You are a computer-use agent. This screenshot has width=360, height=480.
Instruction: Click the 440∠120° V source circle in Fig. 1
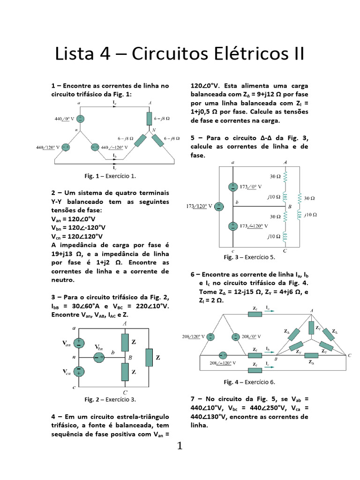pyautogui.click(x=66, y=147)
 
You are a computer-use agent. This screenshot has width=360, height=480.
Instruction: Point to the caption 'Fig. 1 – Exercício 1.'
pyautogui.click(x=110, y=176)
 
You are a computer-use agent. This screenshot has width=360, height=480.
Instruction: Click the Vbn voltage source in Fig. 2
pyautogui.click(x=98, y=358)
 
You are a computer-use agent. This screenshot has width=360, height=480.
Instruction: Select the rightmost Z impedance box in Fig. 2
pyautogui.click(x=149, y=357)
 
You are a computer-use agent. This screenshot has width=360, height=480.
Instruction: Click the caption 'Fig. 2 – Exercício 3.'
pyautogui.click(x=110, y=399)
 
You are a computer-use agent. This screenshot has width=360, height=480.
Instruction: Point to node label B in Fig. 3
pyautogui.click(x=290, y=206)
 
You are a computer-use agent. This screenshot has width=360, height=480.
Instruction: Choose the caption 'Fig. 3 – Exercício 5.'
pyautogui.click(x=249, y=257)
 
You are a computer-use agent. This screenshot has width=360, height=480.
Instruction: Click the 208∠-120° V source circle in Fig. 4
pyautogui.click(x=224, y=356)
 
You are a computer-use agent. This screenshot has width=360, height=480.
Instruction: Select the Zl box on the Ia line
pyautogui.click(x=255, y=314)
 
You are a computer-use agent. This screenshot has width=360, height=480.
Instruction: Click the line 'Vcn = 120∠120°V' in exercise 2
pyautogui.click(x=76, y=236)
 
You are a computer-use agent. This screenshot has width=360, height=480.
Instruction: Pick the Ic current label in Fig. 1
pyautogui.click(x=114, y=167)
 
